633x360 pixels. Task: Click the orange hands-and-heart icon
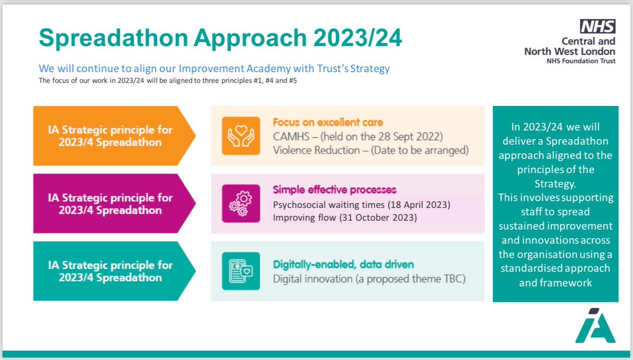coord(241,136)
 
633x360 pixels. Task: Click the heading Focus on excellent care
coord(328,122)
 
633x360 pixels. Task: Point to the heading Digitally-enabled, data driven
coord(343,265)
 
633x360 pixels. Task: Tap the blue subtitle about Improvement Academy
coord(214,69)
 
